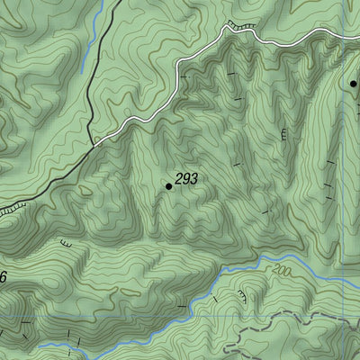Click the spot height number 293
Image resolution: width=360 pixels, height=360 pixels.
tap(186, 179)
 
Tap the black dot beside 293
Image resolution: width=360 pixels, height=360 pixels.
tap(168, 186)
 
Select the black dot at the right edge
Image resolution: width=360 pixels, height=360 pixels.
tap(354, 83)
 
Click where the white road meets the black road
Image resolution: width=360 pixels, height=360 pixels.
tap(94, 142)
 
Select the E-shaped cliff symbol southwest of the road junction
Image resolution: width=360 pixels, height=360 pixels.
tap(66, 242)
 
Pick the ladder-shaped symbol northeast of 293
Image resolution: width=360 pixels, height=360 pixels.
tap(284, 135)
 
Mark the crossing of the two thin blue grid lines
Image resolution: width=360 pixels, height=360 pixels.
tap(342, 277)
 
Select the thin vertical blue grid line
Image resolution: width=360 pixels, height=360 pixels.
tap(342, 180)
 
